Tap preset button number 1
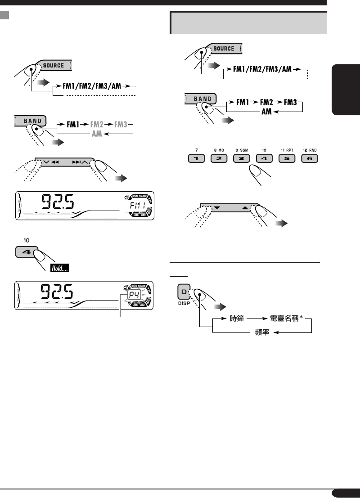pyautogui.click(x=196, y=158)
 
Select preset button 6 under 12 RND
pyautogui.click(x=308, y=158)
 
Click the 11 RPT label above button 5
pyautogui.click(x=286, y=149)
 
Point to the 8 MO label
pyautogui.click(x=219, y=149)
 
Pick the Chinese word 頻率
pyautogui.click(x=259, y=333)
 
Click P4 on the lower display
pyautogui.click(x=134, y=296)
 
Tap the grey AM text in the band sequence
pyautogui.click(x=97, y=134)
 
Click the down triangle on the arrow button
pyautogui.click(x=216, y=208)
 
